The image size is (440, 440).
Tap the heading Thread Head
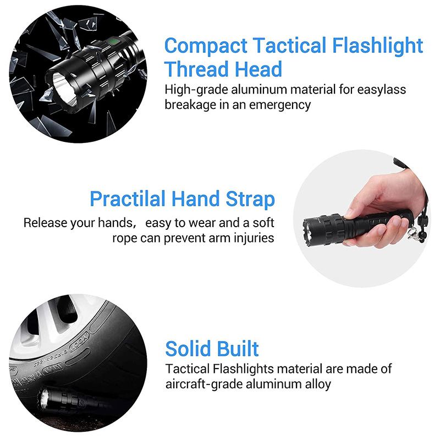[x=223, y=70]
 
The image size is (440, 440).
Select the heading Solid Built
[x=212, y=349]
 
